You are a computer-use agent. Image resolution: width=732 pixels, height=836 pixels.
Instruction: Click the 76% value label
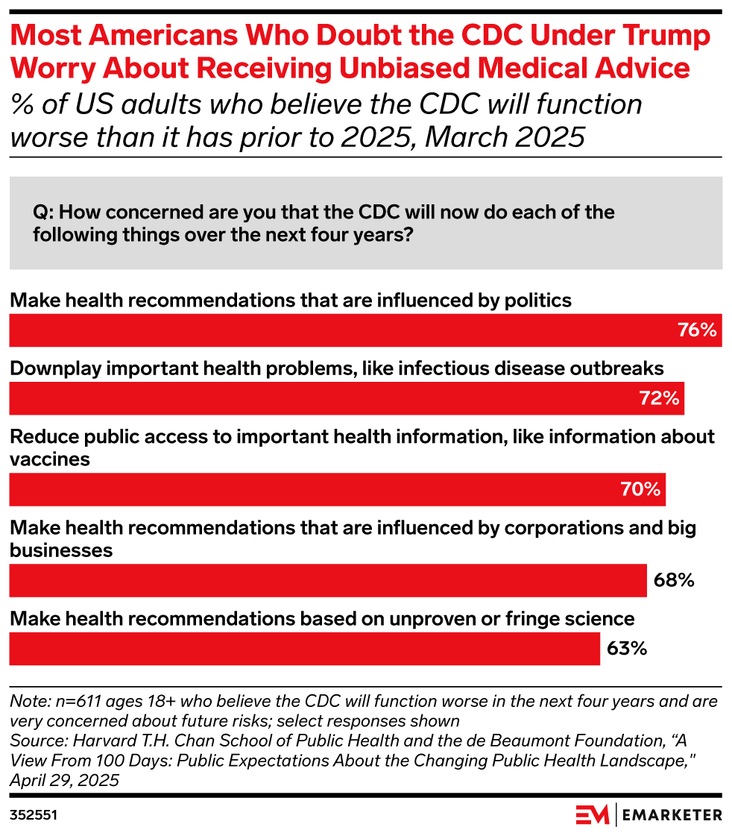[x=697, y=330]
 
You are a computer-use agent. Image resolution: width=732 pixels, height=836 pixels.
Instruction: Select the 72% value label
[x=659, y=399]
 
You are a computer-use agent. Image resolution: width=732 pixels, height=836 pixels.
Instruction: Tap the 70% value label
[x=640, y=490]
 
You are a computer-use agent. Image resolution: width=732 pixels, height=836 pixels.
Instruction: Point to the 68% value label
[x=674, y=580]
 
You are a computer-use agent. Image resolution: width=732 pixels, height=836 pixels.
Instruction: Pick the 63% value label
[x=626, y=649]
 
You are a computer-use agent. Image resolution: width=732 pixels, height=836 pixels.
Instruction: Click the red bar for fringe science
[x=304, y=649]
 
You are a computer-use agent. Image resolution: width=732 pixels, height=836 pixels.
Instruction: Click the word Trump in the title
[x=664, y=36]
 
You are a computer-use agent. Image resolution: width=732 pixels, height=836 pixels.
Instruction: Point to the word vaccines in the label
[x=50, y=459]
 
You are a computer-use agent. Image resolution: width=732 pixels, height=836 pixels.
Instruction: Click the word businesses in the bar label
[x=61, y=550]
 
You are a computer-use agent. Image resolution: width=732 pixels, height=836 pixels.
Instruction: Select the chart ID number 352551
[x=34, y=816]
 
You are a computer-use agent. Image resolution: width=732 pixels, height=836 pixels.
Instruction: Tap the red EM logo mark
[x=593, y=814]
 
